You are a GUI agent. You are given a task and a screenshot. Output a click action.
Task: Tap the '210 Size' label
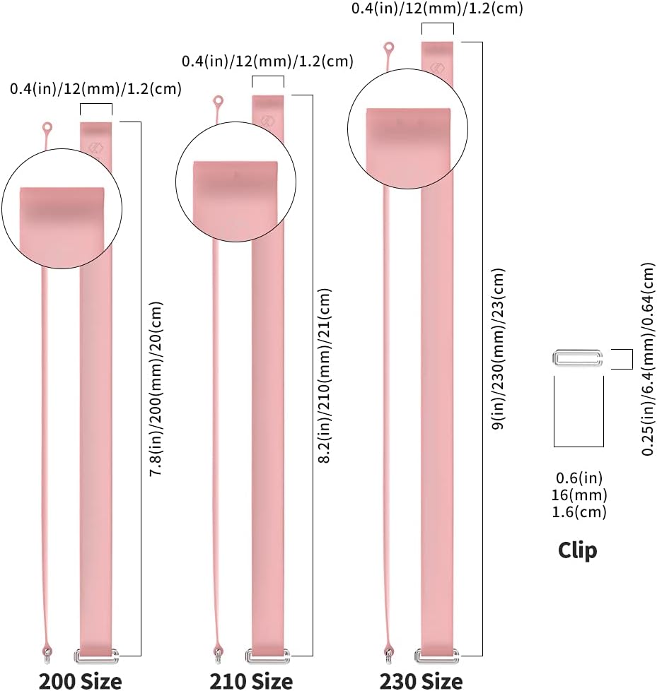[251, 680]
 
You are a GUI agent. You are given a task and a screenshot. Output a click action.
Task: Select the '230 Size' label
[421, 680]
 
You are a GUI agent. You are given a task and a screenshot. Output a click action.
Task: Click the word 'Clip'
[577, 550]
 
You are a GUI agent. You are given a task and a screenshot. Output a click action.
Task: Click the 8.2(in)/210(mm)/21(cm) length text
[325, 375]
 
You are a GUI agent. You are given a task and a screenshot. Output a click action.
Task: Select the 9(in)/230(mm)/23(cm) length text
[499, 349]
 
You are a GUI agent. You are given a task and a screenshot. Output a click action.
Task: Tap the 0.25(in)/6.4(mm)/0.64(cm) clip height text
[649, 359]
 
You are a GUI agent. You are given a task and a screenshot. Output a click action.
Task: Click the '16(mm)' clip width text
[579, 495]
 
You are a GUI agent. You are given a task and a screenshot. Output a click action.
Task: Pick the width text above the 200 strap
[95, 89]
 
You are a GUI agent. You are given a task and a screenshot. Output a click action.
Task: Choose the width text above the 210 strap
[267, 61]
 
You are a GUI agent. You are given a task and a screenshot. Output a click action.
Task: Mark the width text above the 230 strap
[438, 9]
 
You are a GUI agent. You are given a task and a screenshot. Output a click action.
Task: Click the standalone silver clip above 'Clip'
[578, 359]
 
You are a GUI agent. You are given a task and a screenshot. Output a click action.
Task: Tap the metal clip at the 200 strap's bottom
[96, 655]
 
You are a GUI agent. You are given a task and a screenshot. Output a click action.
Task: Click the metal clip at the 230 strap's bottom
[437, 655]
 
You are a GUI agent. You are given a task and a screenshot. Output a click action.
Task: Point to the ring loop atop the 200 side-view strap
[47, 128]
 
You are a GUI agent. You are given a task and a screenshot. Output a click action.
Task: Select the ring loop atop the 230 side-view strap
[388, 48]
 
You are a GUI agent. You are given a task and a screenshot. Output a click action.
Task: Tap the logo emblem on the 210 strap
[267, 119]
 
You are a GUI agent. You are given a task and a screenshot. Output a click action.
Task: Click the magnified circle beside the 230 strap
[407, 129]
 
